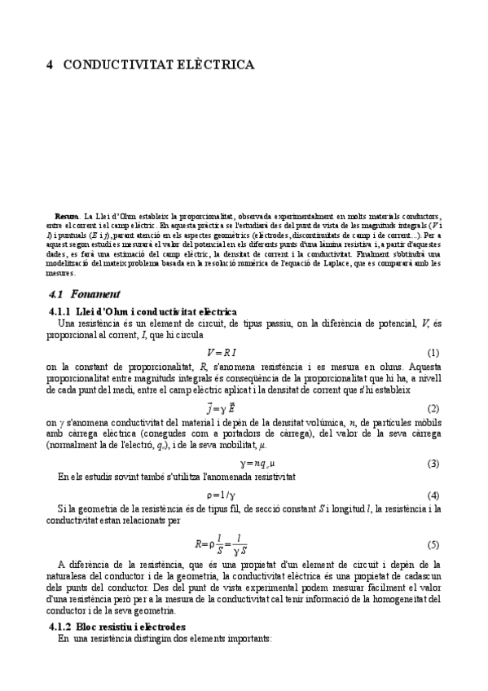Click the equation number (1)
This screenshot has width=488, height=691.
pyautogui.click(x=433, y=352)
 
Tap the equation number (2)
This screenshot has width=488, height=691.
pyautogui.click(x=433, y=407)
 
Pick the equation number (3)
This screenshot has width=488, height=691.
pyautogui.click(x=433, y=464)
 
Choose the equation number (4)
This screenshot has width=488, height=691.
pyautogui.click(x=433, y=495)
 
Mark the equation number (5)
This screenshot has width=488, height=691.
pyautogui.click(x=433, y=544)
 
